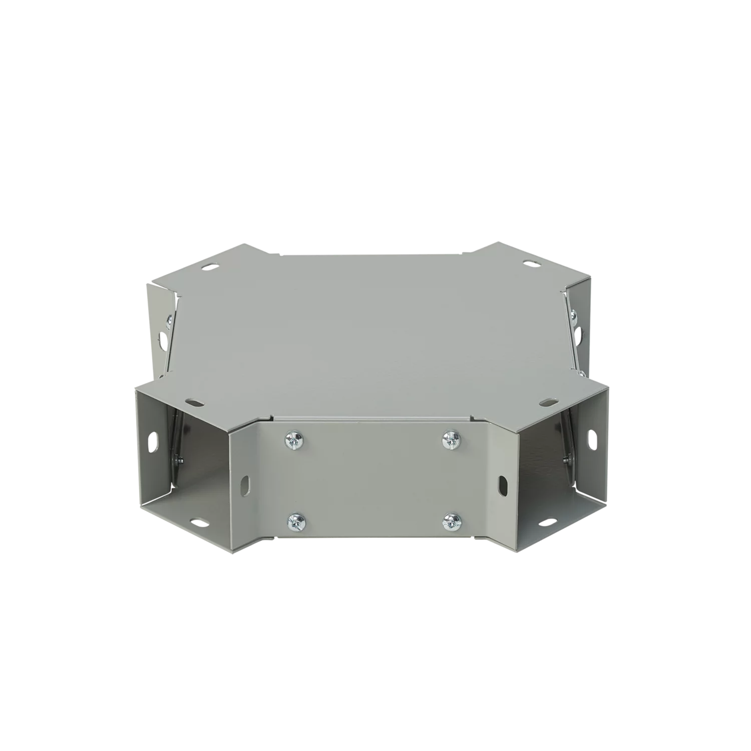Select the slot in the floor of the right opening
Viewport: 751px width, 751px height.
click(544, 523)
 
